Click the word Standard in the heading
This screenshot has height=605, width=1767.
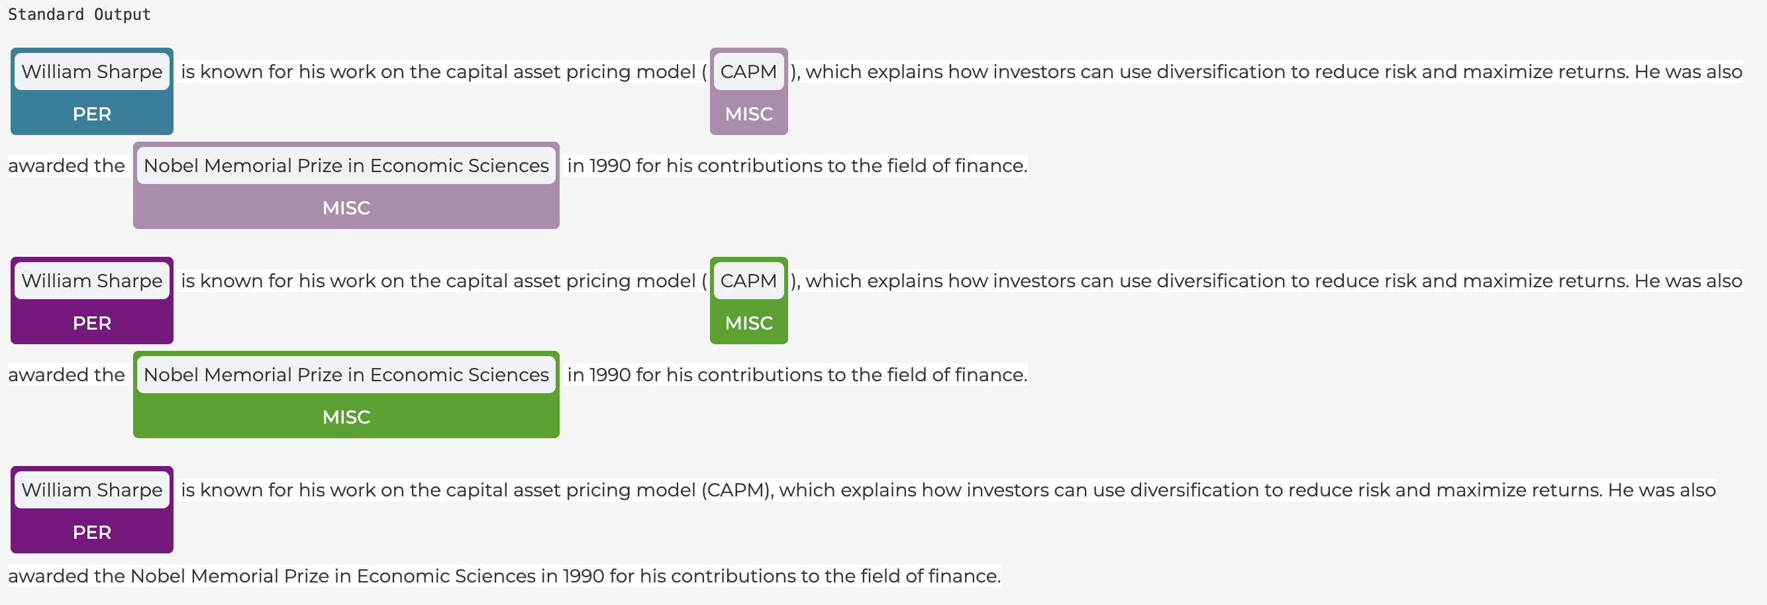(x=46, y=15)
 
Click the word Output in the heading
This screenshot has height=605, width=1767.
(x=122, y=15)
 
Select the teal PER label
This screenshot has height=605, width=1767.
(x=92, y=114)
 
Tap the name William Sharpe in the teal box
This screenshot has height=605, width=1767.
(x=92, y=71)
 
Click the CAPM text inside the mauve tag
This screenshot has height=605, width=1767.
(x=748, y=71)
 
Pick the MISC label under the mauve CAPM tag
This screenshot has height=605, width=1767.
(x=748, y=114)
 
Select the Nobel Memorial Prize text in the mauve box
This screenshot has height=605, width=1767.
(x=346, y=165)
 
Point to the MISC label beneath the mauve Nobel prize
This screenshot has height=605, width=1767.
(x=346, y=208)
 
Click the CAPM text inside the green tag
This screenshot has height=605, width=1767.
(x=748, y=281)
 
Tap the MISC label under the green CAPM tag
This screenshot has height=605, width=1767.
(x=748, y=323)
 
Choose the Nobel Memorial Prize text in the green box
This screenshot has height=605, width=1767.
(x=346, y=375)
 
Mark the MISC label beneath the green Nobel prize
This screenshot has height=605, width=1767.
(x=346, y=417)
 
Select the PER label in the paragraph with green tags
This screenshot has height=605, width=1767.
(x=92, y=323)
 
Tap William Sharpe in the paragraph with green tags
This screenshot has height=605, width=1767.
(x=92, y=281)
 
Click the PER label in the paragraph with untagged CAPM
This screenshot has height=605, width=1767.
(x=92, y=532)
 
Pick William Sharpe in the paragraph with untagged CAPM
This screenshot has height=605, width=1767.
(x=92, y=490)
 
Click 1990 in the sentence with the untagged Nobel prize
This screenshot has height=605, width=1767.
(x=583, y=575)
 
